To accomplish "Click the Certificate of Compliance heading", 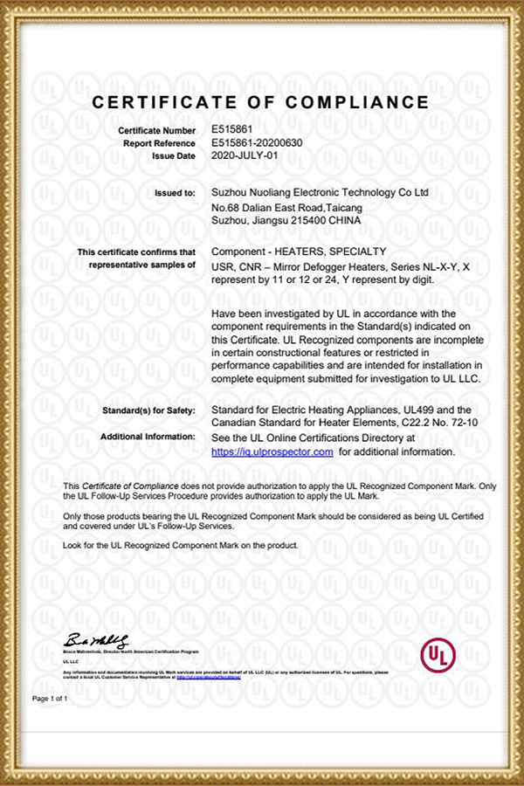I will coord(261,102).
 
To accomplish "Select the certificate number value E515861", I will coord(231,128).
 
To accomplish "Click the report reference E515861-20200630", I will coord(258,141).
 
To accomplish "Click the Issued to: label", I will coord(175,191).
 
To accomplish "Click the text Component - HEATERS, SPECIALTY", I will coord(287,252).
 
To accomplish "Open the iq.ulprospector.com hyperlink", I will coord(272,452).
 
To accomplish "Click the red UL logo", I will coord(438,655).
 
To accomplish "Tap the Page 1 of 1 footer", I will coord(50,700).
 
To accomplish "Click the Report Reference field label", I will coord(159,142).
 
